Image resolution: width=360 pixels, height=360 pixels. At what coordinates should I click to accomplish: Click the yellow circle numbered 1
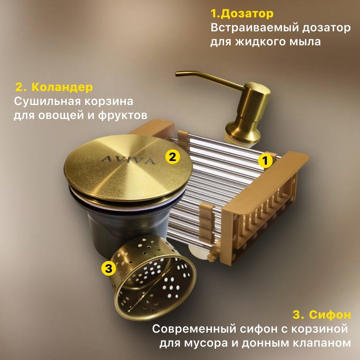265,160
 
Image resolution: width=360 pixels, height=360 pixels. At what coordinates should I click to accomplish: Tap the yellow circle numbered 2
172,157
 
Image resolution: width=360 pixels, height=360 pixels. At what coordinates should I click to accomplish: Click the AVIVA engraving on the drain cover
128,160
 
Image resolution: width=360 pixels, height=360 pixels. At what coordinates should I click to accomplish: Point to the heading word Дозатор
248,14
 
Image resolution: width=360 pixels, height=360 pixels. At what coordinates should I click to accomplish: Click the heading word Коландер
62,87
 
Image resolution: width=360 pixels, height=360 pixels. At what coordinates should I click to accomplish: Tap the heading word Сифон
330,315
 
